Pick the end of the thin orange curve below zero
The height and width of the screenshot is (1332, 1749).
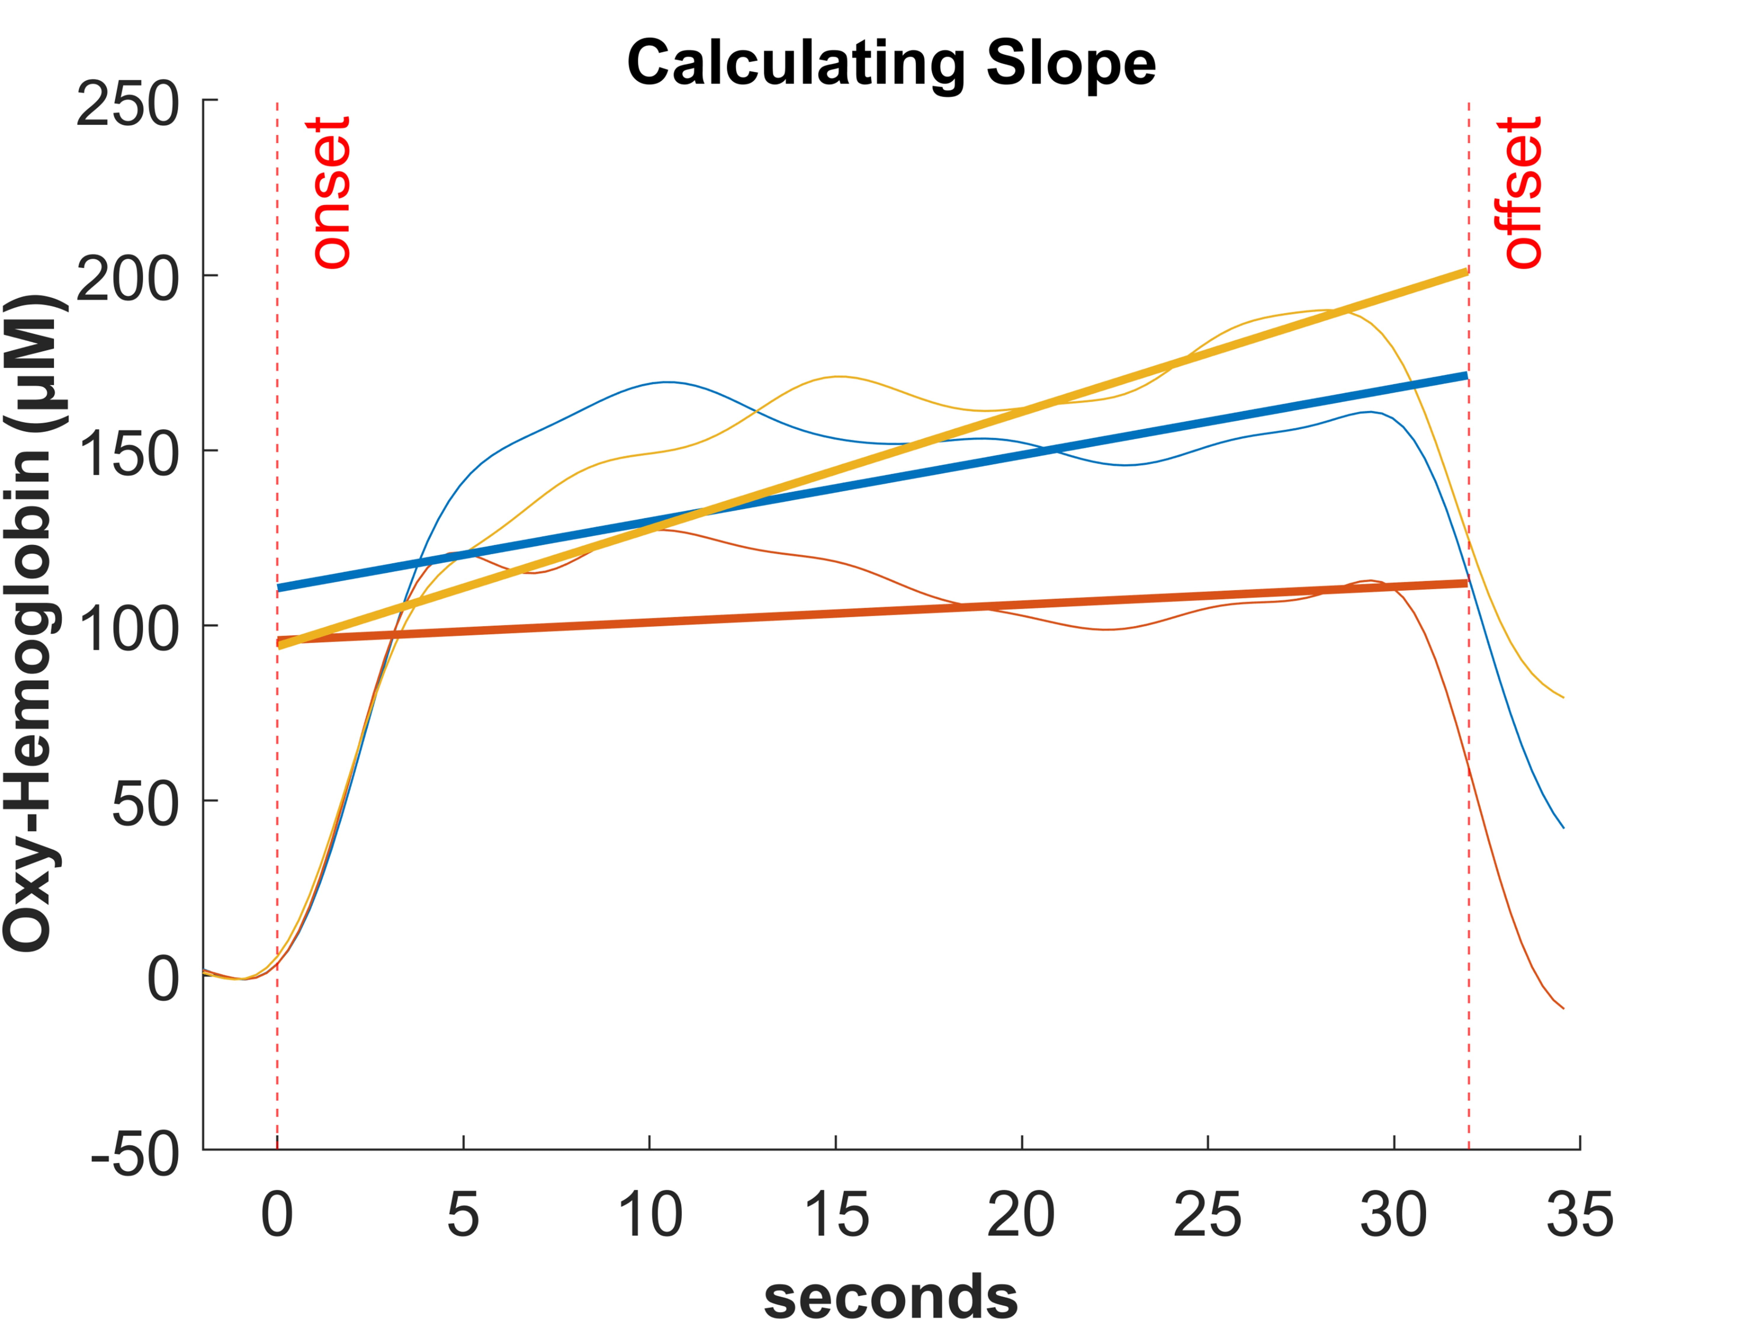click(1563, 1008)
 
